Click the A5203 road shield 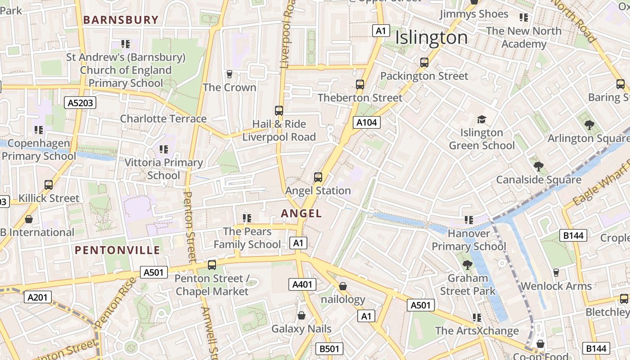pos(81,103)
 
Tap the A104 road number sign pos(366,122)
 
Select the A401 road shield pos(302,284)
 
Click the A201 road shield pos(38,297)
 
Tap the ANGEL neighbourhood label pos(301,213)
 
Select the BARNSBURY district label pos(121,20)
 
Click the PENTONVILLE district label pos(117,250)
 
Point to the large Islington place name pos(431,38)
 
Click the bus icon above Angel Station pos(318,177)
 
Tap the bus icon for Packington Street pos(424,63)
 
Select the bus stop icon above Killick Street pos(49,185)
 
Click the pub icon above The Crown pos(229,74)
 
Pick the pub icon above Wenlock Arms pos(556,273)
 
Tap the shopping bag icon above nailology pos(343,286)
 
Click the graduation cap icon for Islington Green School pos(481,119)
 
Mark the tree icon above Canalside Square pos(538,166)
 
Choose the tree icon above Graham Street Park pos(468,265)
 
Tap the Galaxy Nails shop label pos(301,329)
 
